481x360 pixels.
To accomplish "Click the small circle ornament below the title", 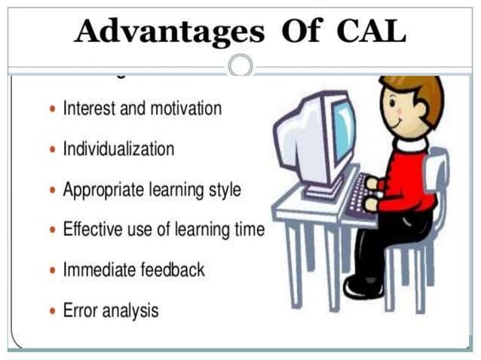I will (240, 66).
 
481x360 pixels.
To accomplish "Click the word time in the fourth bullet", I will (248, 230).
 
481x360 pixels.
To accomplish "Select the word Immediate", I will (97, 270).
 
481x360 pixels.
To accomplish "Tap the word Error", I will (79, 310).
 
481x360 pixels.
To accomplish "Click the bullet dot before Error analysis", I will (51, 310).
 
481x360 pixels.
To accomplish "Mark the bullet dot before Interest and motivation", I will (51, 109).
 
